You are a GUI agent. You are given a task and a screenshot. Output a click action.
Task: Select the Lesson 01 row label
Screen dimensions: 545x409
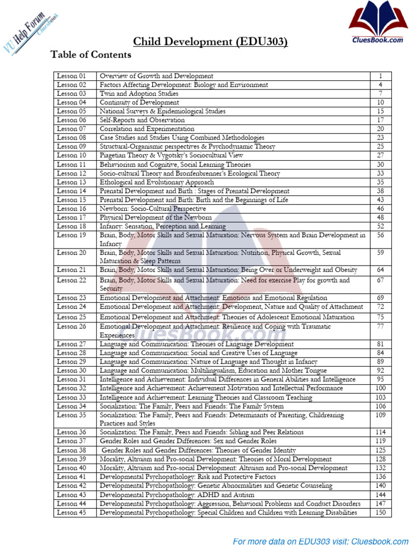pyautogui.click(x=71, y=76)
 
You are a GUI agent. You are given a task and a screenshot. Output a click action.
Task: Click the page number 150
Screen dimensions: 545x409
pyautogui.click(x=381, y=513)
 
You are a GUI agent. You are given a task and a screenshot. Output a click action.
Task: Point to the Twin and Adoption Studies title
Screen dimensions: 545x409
pyautogui.click(x=139, y=94)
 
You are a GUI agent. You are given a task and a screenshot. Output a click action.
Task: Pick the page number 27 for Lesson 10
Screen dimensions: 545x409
pyautogui.click(x=381, y=155)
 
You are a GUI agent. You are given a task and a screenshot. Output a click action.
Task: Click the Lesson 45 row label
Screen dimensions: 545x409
pyautogui.click(x=71, y=513)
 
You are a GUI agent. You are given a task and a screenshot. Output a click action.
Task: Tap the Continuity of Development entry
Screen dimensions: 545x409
pyautogui.click(x=140, y=102)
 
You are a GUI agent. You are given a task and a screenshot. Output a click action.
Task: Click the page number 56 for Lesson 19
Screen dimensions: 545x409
pyautogui.click(x=381, y=235)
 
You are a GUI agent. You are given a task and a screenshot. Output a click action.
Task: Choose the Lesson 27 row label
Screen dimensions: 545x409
pyautogui.click(x=71, y=344)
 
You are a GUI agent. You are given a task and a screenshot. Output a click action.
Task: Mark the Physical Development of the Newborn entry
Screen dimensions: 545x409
pyautogui.click(x=156, y=218)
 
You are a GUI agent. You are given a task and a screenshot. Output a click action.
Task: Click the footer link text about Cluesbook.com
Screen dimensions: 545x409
pyautogui.click(x=318, y=541)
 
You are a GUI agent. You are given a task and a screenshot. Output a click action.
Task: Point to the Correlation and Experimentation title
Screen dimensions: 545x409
pyautogui.click(x=147, y=129)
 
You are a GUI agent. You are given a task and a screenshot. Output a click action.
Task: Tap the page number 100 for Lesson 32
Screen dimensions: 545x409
pyautogui.click(x=381, y=389)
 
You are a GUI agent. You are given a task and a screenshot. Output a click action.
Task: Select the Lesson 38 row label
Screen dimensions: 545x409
pyautogui.click(x=71, y=450)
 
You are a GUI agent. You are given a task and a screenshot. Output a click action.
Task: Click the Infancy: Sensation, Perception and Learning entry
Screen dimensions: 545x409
pyautogui.click(x=162, y=226)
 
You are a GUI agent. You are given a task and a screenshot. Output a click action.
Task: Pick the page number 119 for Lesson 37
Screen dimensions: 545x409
pyautogui.click(x=381, y=441)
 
